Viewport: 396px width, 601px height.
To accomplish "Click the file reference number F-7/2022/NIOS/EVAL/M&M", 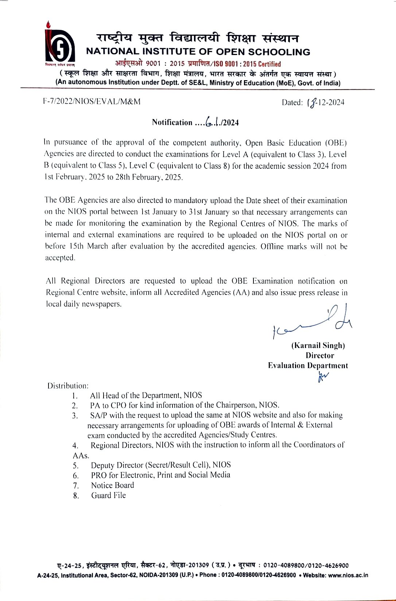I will click(92, 102).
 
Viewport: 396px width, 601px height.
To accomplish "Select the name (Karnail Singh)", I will click(318, 345).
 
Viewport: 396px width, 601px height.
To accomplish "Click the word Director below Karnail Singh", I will click(320, 355).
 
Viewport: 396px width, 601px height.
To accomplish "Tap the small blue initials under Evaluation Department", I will click(323, 376).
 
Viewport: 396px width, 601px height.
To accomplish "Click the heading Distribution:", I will click(68, 386).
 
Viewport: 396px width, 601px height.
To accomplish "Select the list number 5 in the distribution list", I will click(75, 465).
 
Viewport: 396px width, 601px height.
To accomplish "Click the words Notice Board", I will click(112, 485).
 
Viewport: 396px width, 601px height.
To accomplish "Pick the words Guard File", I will click(108, 495).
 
